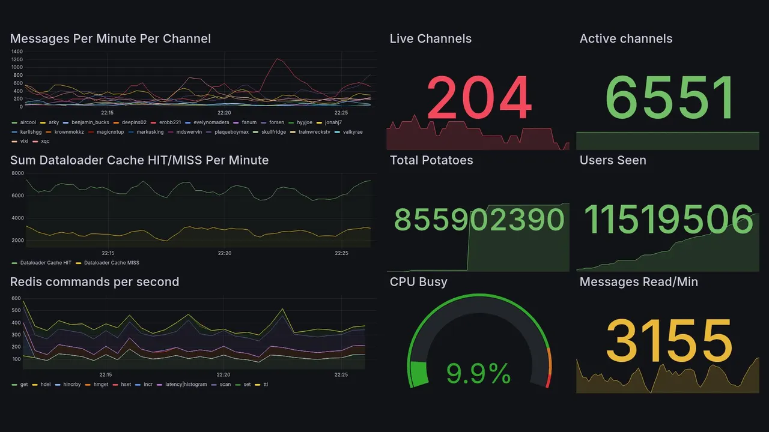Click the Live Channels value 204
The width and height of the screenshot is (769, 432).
coord(479,98)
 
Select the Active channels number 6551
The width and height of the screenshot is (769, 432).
coord(670,98)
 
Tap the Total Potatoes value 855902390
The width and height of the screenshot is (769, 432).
coord(479,220)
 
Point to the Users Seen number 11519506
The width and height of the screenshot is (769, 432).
coord(668,220)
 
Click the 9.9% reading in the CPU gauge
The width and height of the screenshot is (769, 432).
coord(478,374)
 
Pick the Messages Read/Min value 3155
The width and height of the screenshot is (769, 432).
coord(669,340)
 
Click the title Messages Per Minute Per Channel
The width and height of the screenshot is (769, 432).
coord(111,39)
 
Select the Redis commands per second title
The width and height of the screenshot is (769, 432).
coord(94,282)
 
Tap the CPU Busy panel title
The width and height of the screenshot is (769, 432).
coord(418,282)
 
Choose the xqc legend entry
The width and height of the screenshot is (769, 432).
coord(45,142)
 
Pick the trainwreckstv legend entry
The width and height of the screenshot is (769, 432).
coord(314,132)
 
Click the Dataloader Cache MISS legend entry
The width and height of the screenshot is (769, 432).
coord(111,263)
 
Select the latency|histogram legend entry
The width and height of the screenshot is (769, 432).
coord(186,385)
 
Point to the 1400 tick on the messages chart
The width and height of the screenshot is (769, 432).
coord(17,52)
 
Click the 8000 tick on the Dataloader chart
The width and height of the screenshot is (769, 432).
coord(17,173)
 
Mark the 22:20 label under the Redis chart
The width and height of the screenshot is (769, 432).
coord(224,374)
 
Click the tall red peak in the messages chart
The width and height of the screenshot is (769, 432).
coord(277,59)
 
